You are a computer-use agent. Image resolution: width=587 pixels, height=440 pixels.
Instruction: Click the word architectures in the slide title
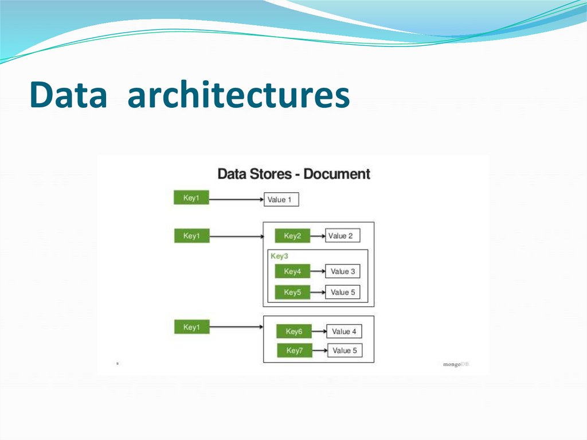tap(238, 95)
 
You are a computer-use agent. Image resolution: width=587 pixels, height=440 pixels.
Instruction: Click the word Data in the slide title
tap(68, 95)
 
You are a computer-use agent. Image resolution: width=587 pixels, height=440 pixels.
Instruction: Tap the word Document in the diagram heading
tap(337, 174)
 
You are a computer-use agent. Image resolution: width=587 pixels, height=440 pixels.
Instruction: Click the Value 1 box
tap(281, 200)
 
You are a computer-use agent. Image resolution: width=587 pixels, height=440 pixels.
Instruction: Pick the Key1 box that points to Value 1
tap(191, 198)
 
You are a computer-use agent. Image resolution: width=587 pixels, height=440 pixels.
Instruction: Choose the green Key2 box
tap(292, 236)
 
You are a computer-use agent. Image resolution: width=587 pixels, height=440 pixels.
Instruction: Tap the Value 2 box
tap(343, 236)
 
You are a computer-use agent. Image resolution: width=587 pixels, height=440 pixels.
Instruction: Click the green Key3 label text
tap(279, 256)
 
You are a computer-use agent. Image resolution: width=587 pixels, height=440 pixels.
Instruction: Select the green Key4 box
tap(292, 271)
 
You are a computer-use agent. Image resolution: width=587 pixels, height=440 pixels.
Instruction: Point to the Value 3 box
tap(343, 271)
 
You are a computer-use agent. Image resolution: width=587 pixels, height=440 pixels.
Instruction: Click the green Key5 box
tap(292, 292)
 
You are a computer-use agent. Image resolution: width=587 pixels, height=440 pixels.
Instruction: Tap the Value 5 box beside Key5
tap(343, 292)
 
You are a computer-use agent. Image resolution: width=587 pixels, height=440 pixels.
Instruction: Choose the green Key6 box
tap(294, 332)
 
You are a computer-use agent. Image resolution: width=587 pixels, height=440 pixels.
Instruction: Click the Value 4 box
tap(345, 332)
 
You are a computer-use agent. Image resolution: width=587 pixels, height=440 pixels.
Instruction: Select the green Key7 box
tap(294, 351)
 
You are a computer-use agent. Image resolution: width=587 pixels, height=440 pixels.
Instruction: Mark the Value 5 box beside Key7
tap(345, 351)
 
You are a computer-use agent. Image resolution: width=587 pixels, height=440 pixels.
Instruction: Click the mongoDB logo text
tap(456, 364)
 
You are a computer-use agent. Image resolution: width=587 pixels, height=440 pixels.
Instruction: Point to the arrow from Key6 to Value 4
tap(319, 332)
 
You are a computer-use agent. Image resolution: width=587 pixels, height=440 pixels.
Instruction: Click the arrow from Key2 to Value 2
tap(318, 236)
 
